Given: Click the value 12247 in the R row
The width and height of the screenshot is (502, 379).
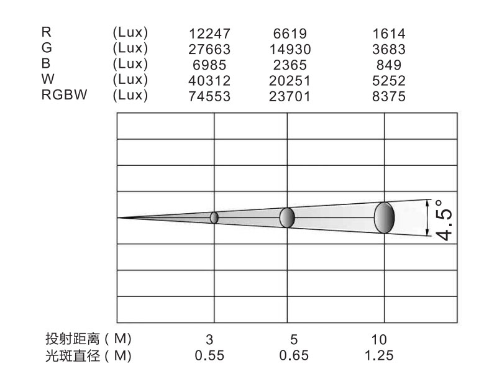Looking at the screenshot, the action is [209, 34].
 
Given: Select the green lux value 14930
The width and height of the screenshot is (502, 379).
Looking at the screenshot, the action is [290, 49].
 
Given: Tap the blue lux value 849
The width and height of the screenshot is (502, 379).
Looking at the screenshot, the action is [389, 65].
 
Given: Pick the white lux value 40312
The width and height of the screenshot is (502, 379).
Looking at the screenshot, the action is [209, 81].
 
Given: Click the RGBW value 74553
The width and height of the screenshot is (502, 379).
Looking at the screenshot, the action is [209, 96].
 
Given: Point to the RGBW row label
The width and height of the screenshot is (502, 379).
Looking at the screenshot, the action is [64, 94].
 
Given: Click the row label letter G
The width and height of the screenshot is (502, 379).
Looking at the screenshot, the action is [47, 48].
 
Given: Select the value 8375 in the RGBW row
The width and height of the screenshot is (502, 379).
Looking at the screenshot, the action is [389, 96].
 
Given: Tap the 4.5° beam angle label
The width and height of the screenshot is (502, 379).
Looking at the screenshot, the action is [444, 220].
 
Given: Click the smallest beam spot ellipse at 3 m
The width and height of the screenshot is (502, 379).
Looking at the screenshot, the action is [214, 217].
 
